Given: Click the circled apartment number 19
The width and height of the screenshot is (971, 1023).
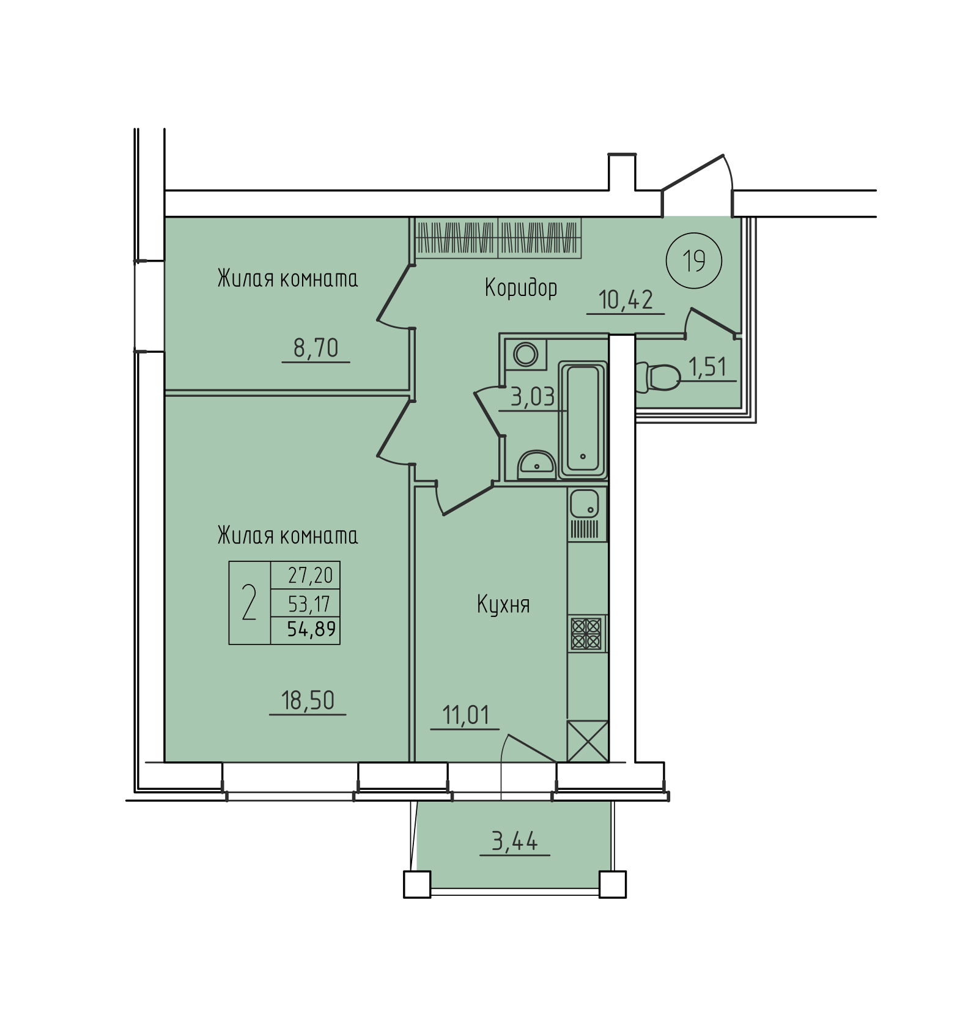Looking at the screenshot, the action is (x=694, y=261).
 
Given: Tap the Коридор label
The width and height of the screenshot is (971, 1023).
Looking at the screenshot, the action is (x=521, y=287).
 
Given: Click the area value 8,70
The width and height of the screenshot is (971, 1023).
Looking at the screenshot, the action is (x=316, y=348).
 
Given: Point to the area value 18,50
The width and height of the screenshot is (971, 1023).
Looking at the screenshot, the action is (x=308, y=700).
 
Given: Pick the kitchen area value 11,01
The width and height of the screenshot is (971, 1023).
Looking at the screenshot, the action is (x=465, y=715).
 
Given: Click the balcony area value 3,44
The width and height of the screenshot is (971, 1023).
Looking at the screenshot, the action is (x=515, y=842).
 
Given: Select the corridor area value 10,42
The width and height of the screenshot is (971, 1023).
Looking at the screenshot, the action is (x=626, y=300).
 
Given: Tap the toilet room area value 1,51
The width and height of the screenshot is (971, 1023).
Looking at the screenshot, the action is (x=707, y=367).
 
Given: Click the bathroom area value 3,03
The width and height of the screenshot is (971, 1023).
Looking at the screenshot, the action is (x=533, y=398).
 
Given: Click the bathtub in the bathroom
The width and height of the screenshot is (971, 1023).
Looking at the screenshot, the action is (x=583, y=419).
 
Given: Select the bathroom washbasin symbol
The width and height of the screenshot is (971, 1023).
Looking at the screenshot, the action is (x=536, y=465).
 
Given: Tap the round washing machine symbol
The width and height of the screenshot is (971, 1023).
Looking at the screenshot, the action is (x=525, y=353).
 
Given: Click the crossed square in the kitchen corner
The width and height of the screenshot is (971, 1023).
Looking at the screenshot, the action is (x=588, y=741).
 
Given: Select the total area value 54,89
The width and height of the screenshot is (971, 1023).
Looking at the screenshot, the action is (x=312, y=629).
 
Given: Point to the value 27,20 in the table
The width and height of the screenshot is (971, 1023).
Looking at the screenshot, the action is (x=311, y=575).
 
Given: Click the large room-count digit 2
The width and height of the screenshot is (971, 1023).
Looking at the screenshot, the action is (x=249, y=602).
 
